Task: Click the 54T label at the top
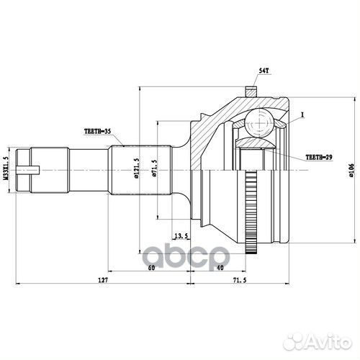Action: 264,71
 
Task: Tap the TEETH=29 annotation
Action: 319,156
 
